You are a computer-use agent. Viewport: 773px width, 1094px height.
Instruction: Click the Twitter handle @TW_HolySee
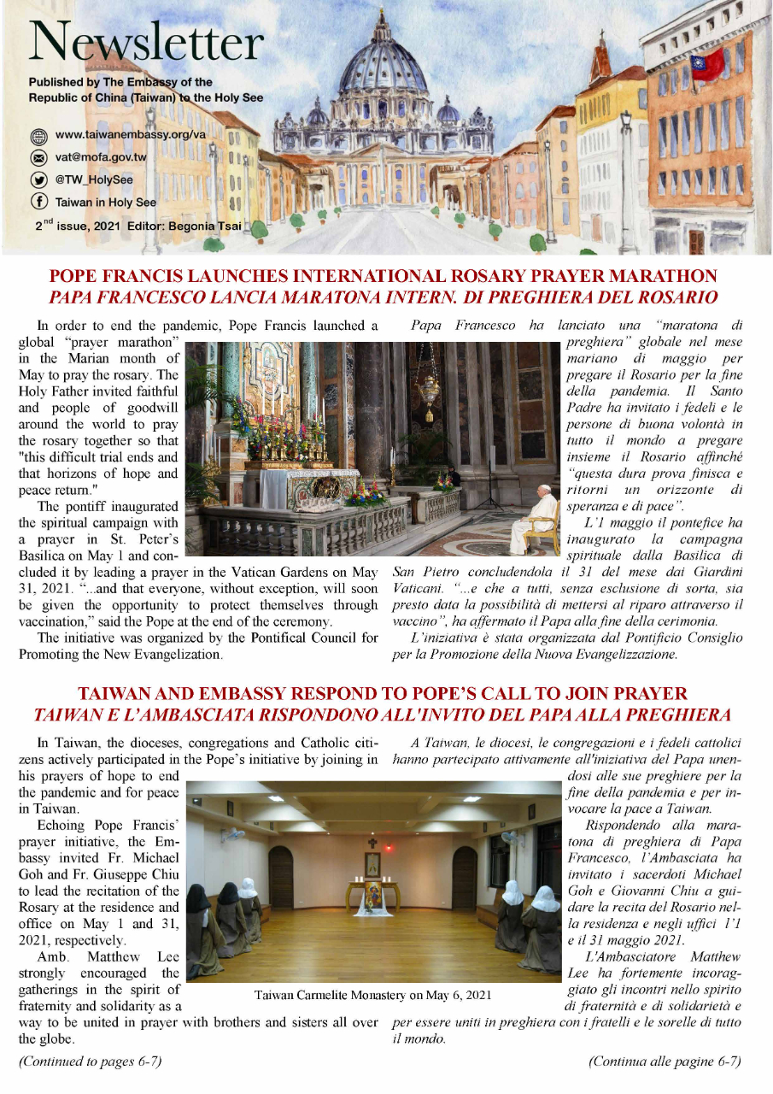[93, 180]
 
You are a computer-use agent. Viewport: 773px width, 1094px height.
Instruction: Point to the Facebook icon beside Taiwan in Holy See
[38, 203]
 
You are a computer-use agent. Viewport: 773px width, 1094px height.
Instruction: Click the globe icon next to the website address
[38, 136]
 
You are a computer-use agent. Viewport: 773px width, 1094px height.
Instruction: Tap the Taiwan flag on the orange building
[708, 65]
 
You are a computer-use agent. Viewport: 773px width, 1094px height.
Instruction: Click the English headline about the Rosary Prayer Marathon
[383, 277]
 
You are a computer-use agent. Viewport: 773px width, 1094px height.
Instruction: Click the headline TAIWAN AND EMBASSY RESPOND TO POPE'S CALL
[383, 693]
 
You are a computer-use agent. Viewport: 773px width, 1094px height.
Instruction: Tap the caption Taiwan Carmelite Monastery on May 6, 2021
[372, 995]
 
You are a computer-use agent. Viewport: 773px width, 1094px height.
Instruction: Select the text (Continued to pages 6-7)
[90, 1062]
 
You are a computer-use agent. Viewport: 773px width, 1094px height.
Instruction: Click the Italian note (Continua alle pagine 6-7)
[665, 1062]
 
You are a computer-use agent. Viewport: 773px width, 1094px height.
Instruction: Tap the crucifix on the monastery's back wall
[372, 841]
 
